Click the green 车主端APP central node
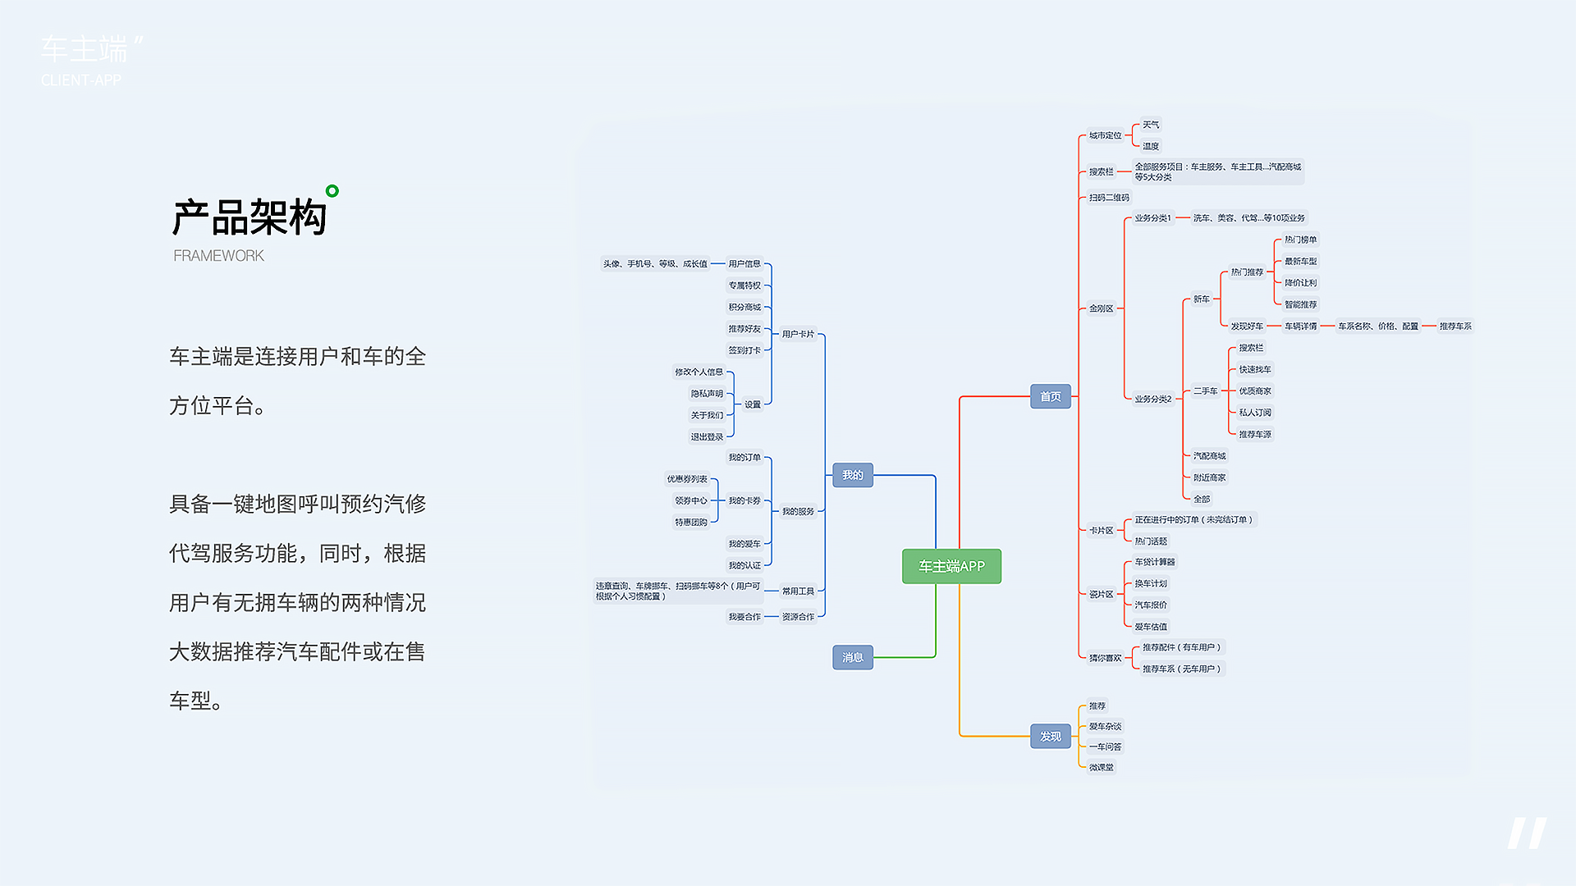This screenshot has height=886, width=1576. [x=951, y=566]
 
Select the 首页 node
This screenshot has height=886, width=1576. [x=1050, y=396]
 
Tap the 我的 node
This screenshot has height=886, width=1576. [x=852, y=475]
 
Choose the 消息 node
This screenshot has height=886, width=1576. [x=852, y=657]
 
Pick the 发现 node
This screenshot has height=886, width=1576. [x=1050, y=736]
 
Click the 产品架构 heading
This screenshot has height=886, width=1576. [x=250, y=218]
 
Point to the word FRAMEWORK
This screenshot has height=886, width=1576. [x=218, y=256]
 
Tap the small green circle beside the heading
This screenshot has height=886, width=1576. [x=332, y=191]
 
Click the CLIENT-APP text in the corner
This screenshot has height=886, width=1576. [x=81, y=80]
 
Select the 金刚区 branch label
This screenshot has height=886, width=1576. [x=1101, y=308]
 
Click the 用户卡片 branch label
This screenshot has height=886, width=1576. [x=797, y=334]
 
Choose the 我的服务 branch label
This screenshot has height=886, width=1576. [x=797, y=511]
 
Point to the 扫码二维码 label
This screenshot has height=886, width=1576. [x=1109, y=198]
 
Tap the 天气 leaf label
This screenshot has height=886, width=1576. [x=1151, y=125]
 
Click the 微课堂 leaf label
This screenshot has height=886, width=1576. [x=1101, y=767]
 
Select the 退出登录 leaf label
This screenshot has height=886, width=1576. [x=706, y=436]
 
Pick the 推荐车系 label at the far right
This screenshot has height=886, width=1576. [x=1455, y=326]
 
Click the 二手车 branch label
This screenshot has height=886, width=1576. [x=1205, y=391]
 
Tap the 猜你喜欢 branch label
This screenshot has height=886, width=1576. [x=1105, y=657]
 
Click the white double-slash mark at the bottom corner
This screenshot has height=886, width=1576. [x=1526, y=833]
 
